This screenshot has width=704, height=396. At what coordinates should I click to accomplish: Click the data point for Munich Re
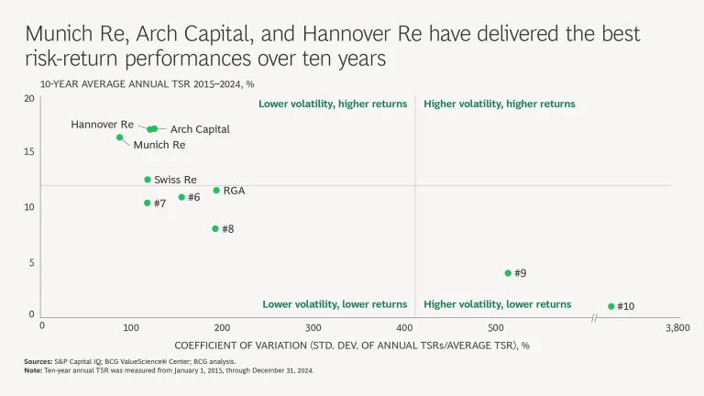(x=119, y=137)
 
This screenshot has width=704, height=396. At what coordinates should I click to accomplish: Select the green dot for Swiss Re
(x=148, y=180)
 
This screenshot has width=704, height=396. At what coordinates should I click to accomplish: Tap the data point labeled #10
(x=611, y=306)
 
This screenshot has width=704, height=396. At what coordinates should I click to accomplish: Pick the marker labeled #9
(x=508, y=273)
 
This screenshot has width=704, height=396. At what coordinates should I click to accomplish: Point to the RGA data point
(x=216, y=191)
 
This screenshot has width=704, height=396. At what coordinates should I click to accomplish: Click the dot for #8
(x=215, y=228)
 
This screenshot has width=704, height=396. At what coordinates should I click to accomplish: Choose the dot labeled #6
(x=181, y=197)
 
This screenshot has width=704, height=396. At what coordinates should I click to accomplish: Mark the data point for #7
(x=147, y=203)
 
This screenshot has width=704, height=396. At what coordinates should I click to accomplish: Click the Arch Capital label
(x=200, y=130)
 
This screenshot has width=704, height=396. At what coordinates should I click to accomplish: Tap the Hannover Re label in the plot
(x=102, y=124)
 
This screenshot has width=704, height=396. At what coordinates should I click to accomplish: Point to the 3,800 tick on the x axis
(x=676, y=327)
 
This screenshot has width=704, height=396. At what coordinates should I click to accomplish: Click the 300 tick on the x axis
(x=313, y=327)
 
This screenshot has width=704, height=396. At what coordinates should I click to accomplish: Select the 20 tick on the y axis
(x=29, y=99)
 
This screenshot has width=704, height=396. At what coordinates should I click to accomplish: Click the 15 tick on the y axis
(x=29, y=152)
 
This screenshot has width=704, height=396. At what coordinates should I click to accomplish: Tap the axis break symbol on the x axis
(x=595, y=317)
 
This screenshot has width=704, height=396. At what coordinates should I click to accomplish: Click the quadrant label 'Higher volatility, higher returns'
(x=500, y=104)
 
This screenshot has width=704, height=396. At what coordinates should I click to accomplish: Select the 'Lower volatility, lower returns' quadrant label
(x=335, y=304)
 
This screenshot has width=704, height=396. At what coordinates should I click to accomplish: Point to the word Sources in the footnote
(x=38, y=362)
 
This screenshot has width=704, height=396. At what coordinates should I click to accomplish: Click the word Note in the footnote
(x=33, y=370)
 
